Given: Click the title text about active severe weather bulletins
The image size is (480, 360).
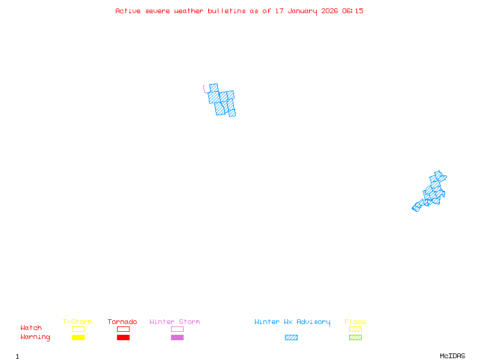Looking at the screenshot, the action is click(239, 11).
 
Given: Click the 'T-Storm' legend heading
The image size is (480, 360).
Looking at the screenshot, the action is click(77, 322).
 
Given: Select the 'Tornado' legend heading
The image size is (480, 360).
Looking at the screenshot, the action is click(122, 322).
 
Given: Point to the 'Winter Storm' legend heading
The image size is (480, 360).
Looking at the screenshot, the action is click(175, 322).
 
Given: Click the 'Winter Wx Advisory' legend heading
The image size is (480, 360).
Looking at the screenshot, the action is click(292, 322).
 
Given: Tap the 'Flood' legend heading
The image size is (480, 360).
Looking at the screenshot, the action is click(355, 322).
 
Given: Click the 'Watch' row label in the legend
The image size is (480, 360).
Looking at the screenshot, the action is click(31, 328).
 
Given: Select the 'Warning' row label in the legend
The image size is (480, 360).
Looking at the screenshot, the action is click(35, 337).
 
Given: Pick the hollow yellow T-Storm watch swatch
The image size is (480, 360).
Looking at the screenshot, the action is click(78, 329).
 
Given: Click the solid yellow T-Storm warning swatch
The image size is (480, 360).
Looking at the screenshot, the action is click(78, 338).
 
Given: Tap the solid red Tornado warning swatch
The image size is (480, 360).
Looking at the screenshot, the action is click(123, 338).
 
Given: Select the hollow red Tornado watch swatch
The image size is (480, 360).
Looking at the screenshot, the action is click(123, 329).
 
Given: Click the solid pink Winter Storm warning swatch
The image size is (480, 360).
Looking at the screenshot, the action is click(177, 338).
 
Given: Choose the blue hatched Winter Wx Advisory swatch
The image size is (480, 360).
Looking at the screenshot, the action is click(291, 338).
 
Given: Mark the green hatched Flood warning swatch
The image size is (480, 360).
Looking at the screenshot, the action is click(355, 338).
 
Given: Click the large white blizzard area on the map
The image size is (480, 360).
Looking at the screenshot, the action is click(211, 71).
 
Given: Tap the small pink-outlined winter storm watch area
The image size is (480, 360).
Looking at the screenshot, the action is click(206, 89).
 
